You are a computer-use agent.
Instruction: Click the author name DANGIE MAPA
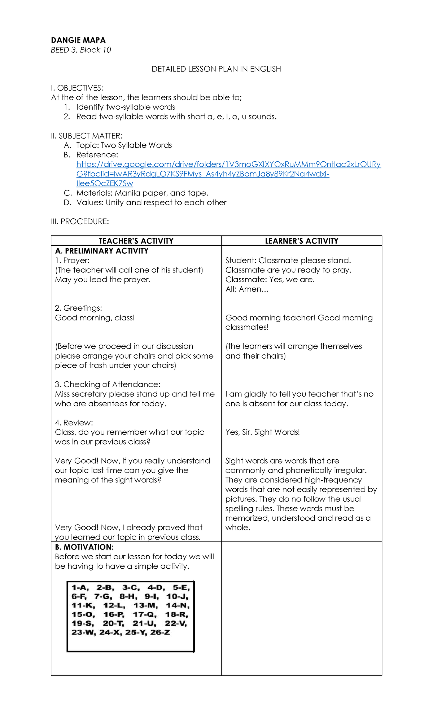coord(78,40)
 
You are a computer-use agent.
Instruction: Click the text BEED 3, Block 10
coord(81,50)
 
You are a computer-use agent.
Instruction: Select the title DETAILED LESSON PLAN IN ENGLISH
coord(216,69)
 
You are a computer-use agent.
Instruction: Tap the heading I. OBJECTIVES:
coord(77,88)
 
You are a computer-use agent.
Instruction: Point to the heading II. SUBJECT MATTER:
coord(87,136)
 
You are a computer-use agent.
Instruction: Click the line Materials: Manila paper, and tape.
coord(142,193)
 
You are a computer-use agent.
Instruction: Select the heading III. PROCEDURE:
coord(80,222)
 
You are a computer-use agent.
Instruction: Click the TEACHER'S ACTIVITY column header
coord(136,241)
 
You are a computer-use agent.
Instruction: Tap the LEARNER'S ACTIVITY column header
coord(302,241)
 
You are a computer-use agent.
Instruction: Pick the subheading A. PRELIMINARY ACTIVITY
coord(102,251)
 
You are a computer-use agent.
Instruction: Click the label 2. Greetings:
coord(78,308)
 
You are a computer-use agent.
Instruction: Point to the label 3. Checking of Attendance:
coord(108,384)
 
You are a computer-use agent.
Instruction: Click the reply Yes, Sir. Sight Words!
coord(262,432)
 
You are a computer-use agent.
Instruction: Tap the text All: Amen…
coord(247,289)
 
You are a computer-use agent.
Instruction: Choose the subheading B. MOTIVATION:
coord(84,547)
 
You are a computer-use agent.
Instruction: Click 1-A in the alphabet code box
coord(80,588)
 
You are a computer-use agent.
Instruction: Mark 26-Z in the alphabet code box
coord(160,632)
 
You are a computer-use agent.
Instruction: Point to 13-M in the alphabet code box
coord(145,605)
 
